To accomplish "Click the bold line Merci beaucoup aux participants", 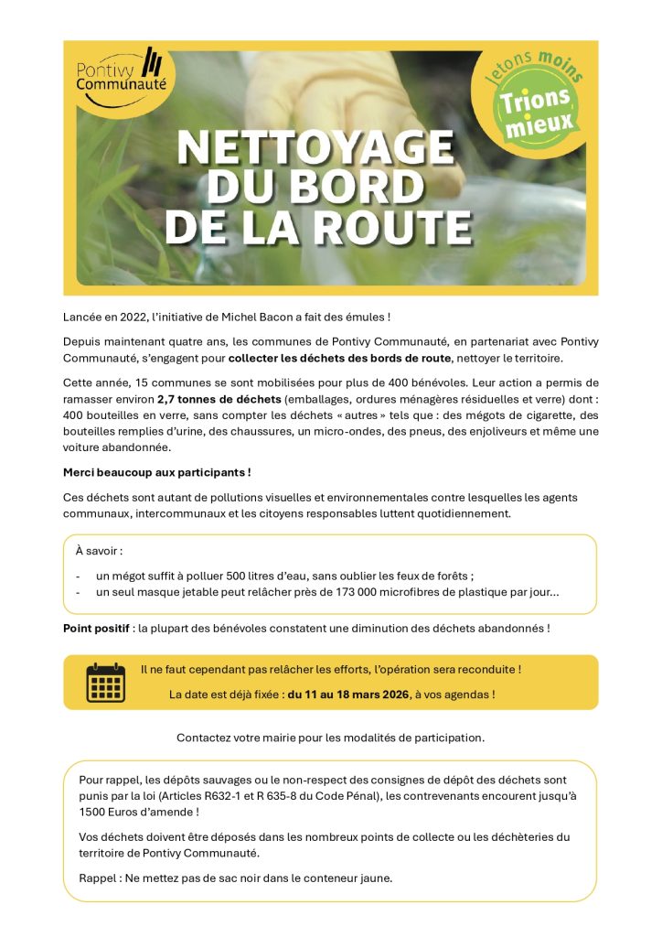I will (156, 472).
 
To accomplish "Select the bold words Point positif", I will (97, 629).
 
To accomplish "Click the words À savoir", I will (99, 552).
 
